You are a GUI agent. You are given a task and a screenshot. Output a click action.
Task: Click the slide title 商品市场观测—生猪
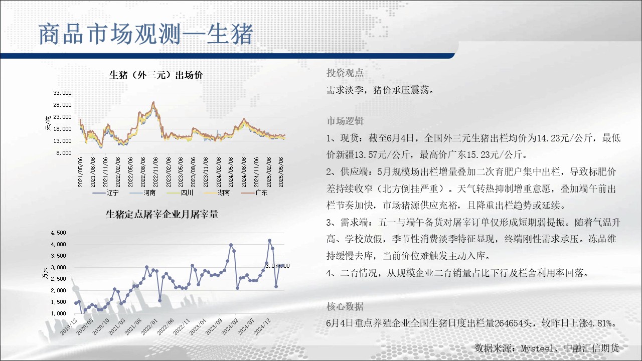(x=145, y=35)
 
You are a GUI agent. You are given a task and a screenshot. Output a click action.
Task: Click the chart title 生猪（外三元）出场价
(x=156, y=75)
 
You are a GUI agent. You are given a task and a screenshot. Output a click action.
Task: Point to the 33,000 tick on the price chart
(x=63, y=93)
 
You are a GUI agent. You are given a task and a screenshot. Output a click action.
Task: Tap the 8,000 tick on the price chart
(x=64, y=153)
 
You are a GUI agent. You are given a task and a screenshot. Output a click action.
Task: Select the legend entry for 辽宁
(x=105, y=193)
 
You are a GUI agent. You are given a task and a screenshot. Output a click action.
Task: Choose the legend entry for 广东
(x=254, y=193)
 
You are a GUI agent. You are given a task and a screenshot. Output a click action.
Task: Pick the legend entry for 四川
(x=180, y=193)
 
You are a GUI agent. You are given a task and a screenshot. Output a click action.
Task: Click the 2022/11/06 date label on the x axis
(x=155, y=172)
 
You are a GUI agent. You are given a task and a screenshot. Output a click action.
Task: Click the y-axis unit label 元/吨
(x=48, y=123)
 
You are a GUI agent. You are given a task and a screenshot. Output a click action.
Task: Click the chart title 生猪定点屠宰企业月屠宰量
(x=162, y=214)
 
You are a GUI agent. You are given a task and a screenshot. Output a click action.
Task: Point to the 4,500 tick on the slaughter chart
(x=59, y=233)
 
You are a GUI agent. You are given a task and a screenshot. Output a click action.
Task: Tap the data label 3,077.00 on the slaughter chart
(x=277, y=266)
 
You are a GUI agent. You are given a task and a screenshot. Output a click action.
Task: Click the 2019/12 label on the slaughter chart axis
(x=69, y=326)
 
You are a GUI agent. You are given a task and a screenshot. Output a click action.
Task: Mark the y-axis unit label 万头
(x=45, y=273)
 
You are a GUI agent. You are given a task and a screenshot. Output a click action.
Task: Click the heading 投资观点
(x=345, y=73)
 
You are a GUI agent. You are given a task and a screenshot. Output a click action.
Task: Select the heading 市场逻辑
(x=345, y=121)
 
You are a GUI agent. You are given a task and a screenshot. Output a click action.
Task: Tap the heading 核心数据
(x=345, y=306)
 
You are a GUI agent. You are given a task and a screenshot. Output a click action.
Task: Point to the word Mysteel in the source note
(x=537, y=348)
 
